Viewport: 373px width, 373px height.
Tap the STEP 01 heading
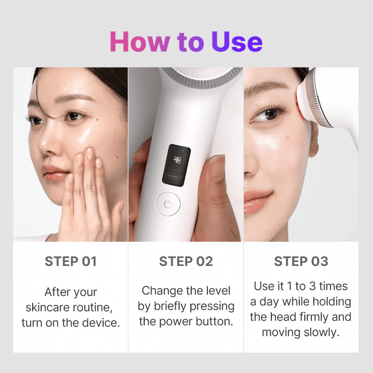tap(70, 261)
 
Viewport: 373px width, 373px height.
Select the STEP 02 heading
tap(186, 261)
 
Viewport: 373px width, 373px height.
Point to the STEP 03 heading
tap(301, 261)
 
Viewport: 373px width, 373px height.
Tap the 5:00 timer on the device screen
tap(173, 176)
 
